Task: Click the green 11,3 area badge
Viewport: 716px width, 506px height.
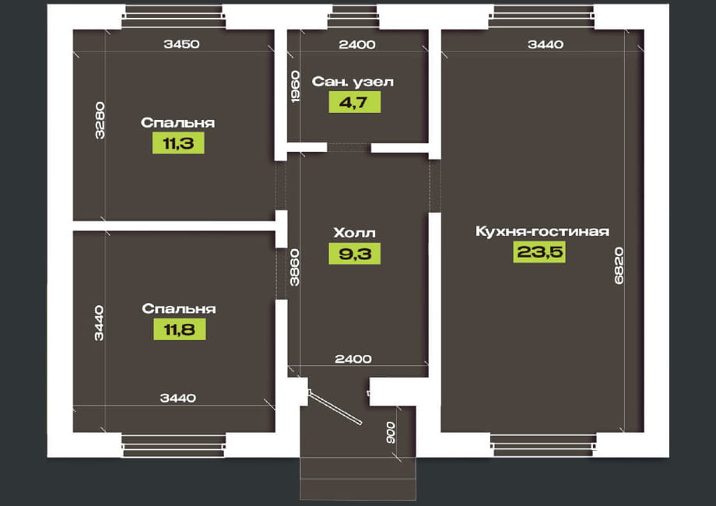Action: tap(178, 143)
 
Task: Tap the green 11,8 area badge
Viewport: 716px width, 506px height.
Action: tap(180, 329)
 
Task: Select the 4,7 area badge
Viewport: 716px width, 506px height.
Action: tap(354, 102)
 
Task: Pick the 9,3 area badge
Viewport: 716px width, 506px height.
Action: tap(354, 254)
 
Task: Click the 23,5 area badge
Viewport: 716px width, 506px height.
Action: tap(539, 252)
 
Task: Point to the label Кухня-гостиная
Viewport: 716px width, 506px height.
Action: tap(542, 231)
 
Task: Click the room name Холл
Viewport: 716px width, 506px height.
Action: tap(354, 233)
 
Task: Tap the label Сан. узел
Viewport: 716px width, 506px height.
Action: tap(353, 82)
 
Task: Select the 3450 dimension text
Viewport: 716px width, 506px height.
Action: tap(182, 44)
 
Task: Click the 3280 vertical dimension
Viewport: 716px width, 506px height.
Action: tap(100, 120)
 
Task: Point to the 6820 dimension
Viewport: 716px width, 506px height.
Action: tap(618, 265)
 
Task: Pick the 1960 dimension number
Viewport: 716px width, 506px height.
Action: tap(296, 86)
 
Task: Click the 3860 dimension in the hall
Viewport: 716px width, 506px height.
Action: tap(294, 267)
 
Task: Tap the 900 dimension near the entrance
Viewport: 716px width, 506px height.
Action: tap(391, 433)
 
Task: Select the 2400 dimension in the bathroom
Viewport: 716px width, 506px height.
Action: tap(357, 44)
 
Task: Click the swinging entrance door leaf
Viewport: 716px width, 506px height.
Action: tap(335, 407)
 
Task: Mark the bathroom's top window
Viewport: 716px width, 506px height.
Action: tap(354, 17)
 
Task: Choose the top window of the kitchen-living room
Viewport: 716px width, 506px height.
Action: tap(542, 17)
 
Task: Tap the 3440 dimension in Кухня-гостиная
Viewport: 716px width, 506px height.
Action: tap(546, 44)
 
